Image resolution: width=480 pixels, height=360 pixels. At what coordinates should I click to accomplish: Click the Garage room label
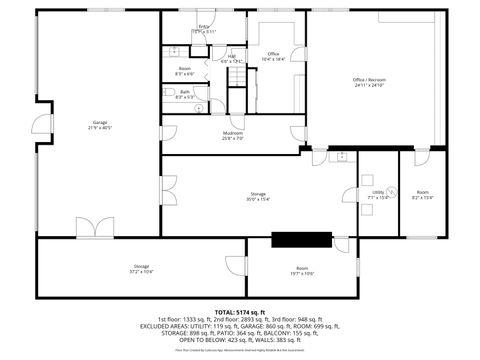[99, 125]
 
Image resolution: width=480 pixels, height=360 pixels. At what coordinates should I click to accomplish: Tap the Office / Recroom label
[368, 82]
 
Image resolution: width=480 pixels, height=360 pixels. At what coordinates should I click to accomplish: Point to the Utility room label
[378, 193]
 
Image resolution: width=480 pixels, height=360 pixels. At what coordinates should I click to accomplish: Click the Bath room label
[184, 95]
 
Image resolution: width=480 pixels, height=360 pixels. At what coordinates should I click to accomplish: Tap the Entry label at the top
[204, 29]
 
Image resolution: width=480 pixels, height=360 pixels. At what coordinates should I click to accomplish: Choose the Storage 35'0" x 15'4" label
[258, 197]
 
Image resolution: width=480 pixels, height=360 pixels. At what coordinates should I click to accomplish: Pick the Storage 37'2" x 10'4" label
[141, 269]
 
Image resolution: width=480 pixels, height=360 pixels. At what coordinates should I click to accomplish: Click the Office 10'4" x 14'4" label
[273, 56]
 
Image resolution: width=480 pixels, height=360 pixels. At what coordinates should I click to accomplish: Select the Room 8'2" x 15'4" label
[423, 194]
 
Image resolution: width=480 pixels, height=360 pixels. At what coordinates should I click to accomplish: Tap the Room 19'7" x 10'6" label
[302, 271]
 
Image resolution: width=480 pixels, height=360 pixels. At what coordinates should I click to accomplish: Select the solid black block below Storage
[301, 239]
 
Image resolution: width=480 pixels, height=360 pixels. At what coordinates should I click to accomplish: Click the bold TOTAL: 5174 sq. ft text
[240, 312]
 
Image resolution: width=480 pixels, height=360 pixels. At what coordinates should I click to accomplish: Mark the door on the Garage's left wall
[39, 124]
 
